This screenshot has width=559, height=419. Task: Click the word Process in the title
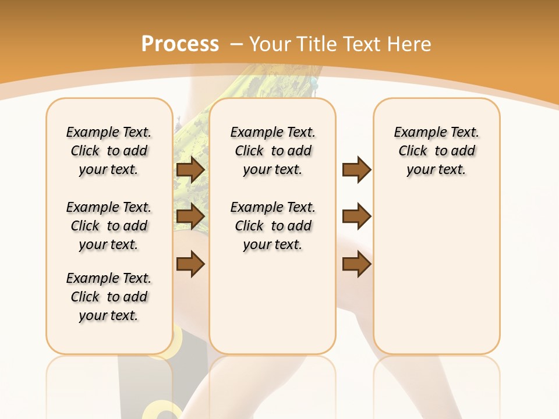(x=180, y=44)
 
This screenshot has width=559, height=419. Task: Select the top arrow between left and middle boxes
(x=190, y=170)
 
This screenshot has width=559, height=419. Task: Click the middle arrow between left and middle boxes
(x=190, y=216)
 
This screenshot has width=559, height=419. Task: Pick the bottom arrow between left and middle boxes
(x=190, y=264)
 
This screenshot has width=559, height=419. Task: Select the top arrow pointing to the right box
(x=356, y=170)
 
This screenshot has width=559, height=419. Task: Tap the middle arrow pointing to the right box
(x=356, y=216)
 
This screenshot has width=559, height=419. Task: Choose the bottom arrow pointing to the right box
(x=356, y=264)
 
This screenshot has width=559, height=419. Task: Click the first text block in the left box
(x=109, y=151)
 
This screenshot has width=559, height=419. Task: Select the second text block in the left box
(x=109, y=226)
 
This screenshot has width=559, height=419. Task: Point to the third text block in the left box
(x=109, y=297)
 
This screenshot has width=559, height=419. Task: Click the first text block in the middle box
(x=273, y=151)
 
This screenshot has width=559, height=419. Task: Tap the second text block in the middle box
(x=273, y=226)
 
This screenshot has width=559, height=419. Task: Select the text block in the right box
(x=436, y=151)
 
